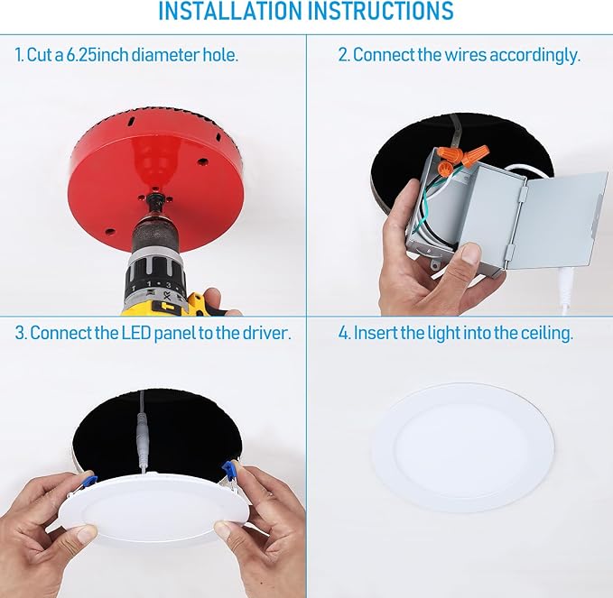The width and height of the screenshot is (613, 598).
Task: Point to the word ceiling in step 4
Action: (545, 333)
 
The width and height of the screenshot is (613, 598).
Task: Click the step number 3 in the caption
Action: (19, 333)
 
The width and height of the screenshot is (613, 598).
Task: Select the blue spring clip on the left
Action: (88, 483)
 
